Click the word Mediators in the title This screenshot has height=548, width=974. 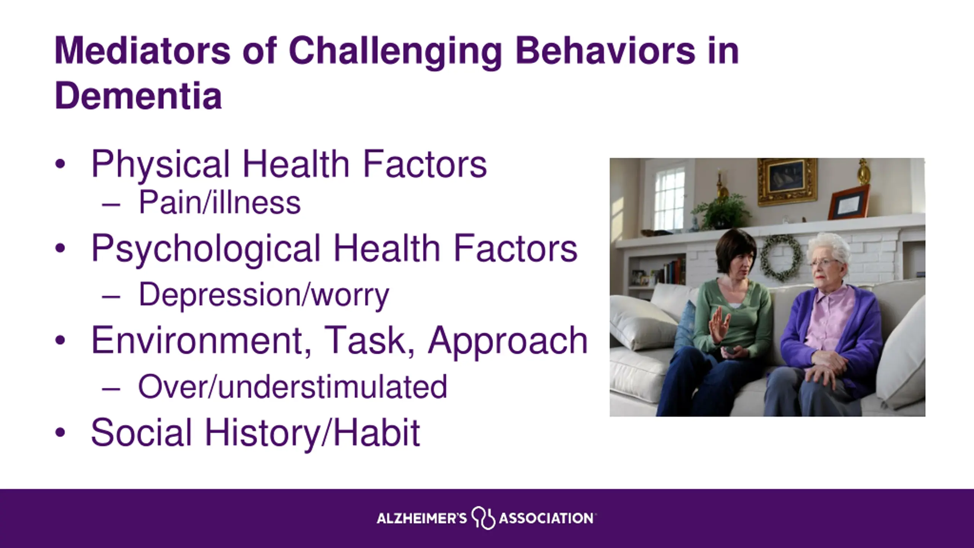pyautogui.click(x=143, y=51)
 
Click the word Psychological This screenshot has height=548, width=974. pyautogui.click(x=206, y=249)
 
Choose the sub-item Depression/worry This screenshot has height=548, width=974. pyautogui.click(x=264, y=295)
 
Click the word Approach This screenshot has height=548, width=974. pyautogui.click(x=508, y=341)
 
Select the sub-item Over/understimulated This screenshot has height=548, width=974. pyautogui.click(x=293, y=387)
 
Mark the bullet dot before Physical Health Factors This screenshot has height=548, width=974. pyautogui.click(x=60, y=164)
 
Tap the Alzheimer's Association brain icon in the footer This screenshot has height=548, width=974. pyautogui.click(x=483, y=518)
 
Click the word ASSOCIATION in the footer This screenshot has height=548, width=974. pyautogui.click(x=546, y=518)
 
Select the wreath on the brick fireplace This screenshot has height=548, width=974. pyautogui.click(x=781, y=258)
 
